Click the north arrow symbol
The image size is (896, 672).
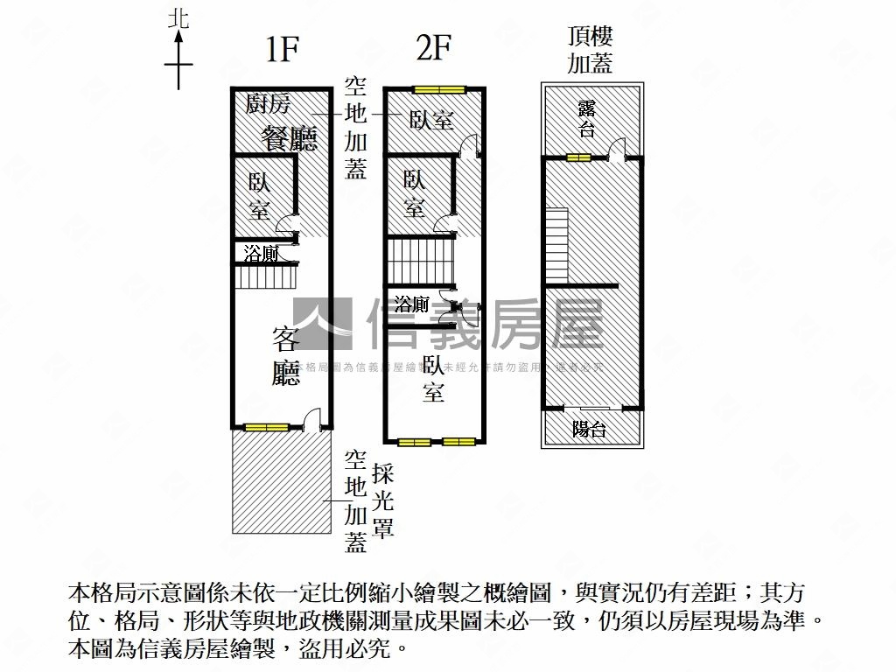tap(178, 54)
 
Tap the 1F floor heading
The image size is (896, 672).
tap(283, 51)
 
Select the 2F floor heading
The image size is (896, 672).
tap(433, 49)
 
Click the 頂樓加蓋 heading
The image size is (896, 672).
tap(591, 49)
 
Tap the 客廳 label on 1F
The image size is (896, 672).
tap(286, 355)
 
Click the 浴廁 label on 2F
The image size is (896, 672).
tap(411, 304)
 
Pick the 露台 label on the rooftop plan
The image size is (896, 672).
tap(587, 119)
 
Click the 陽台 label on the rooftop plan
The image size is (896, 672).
tap(590, 430)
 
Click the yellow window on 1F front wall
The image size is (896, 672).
tap(266, 428)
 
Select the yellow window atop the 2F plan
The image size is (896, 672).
tap(439, 88)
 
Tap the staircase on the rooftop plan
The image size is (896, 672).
tap(557, 244)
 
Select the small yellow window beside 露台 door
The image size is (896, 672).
tap(578, 158)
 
